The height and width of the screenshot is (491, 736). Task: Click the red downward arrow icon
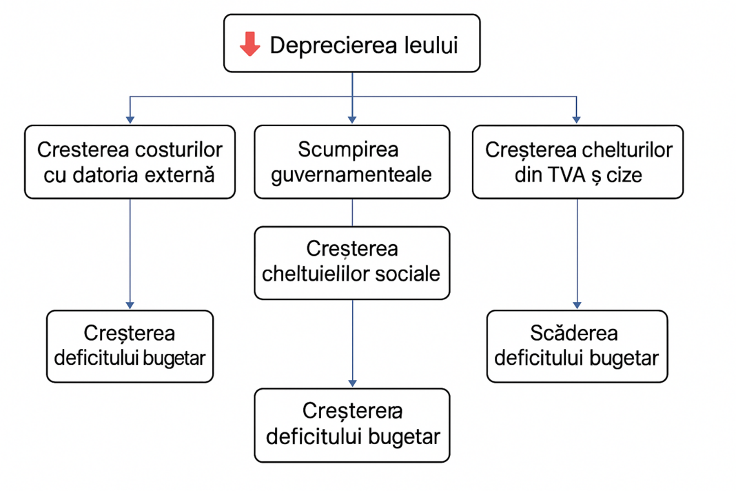(x=249, y=44)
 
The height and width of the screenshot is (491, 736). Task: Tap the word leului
(x=431, y=45)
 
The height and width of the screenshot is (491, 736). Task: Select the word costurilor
(x=179, y=150)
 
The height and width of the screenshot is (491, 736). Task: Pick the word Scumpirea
(x=348, y=150)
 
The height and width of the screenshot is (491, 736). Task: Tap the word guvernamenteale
(x=351, y=174)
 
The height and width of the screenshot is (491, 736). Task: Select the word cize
(x=624, y=174)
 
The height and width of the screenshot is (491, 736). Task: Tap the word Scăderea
(x=574, y=333)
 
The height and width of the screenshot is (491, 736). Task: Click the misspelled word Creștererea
(x=353, y=411)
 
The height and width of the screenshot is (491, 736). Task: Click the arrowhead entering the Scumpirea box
(x=353, y=120)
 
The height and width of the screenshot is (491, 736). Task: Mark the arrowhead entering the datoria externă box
(x=130, y=120)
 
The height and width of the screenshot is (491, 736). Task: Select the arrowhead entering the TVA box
(x=577, y=120)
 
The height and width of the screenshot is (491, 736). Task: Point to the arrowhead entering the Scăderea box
(x=577, y=305)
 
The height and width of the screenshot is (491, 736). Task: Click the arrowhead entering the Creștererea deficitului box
(x=353, y=383)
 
